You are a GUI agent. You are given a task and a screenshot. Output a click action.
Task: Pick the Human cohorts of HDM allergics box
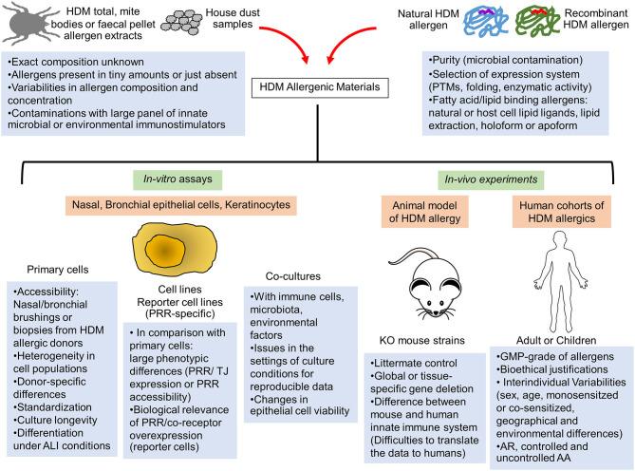click(562, 210)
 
